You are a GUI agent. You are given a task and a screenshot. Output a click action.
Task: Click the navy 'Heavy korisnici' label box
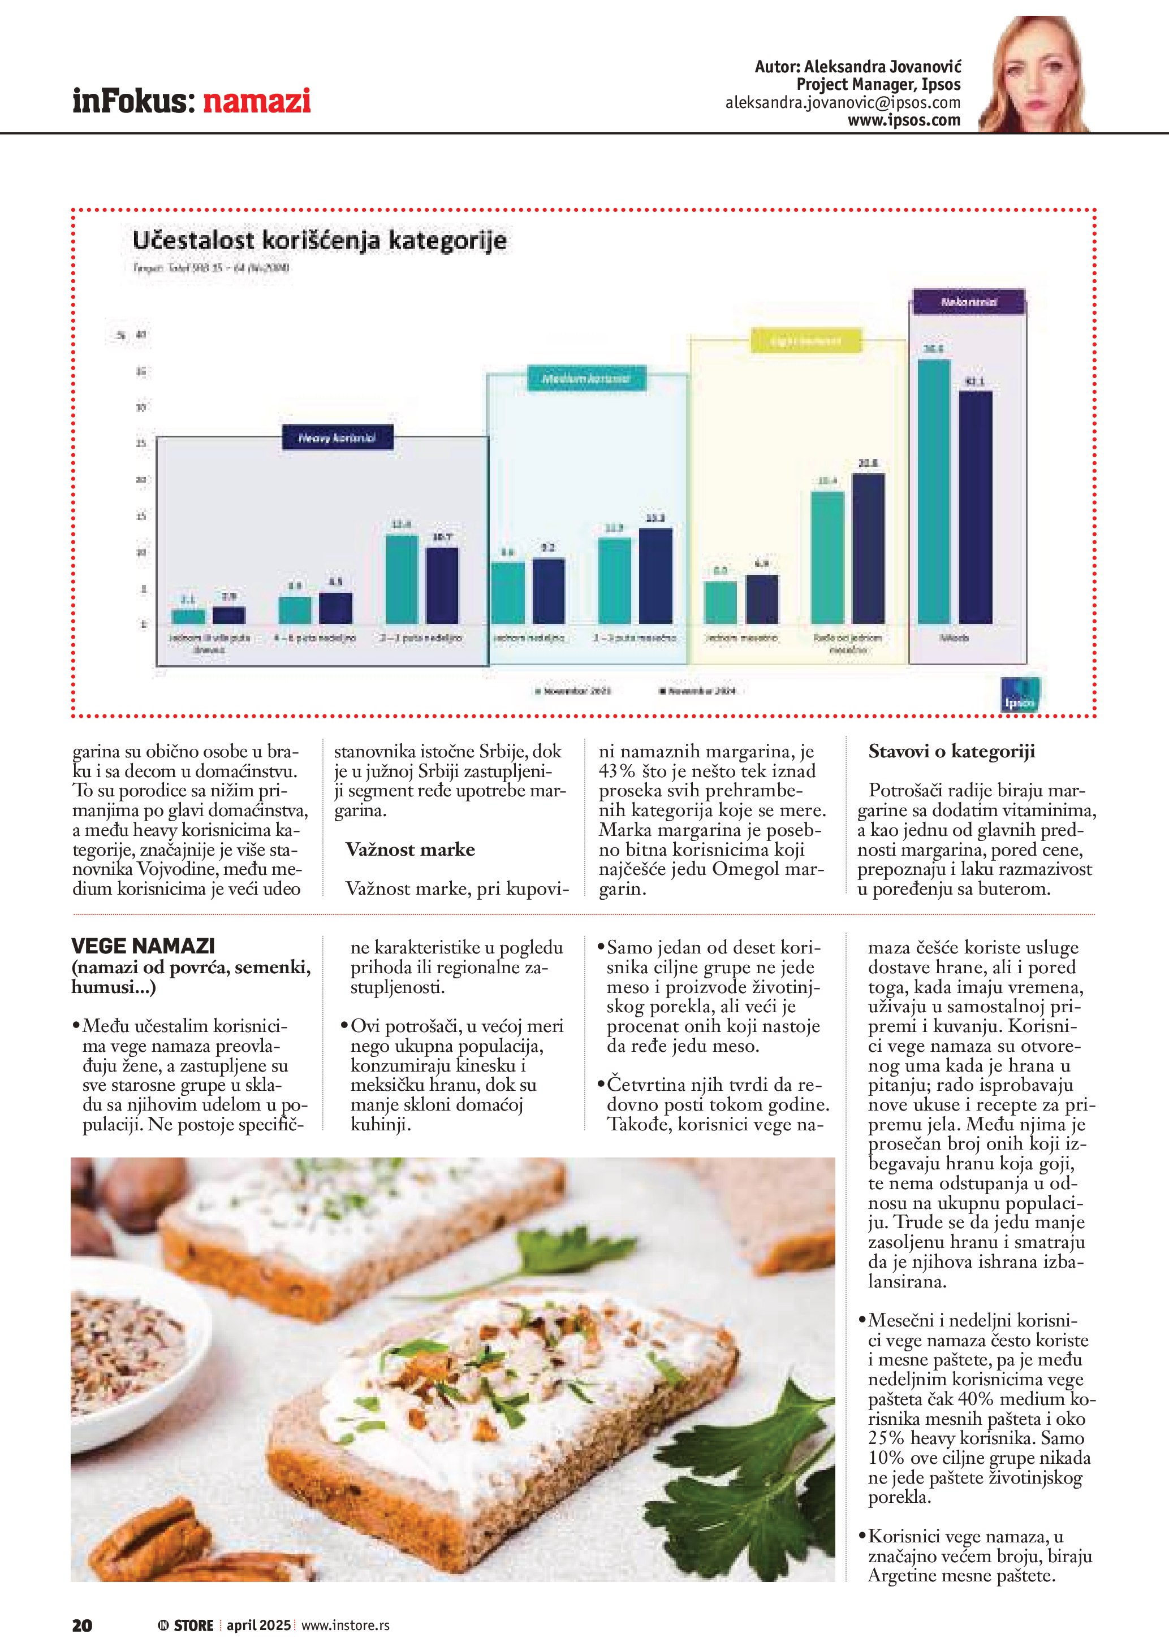[336, 438]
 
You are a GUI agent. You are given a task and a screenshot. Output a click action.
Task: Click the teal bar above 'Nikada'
[934, 492]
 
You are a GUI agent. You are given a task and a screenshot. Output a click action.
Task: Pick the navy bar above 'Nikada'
[976, 508]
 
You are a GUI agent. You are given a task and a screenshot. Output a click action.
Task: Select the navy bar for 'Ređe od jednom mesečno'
[868, 548]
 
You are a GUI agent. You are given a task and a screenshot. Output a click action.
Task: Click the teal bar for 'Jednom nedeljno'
[508, 593]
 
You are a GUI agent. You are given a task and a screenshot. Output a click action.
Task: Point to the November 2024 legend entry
[698, 691]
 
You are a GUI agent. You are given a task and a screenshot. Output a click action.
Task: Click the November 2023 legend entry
[573, 691]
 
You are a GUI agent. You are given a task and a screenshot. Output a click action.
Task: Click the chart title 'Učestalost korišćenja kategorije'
[319, 240]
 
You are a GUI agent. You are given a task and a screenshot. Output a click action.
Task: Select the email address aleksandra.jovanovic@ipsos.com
[842, 103]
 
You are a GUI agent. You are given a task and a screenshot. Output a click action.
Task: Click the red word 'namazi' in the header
[256, 101]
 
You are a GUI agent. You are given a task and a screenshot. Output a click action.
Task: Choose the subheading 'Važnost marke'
[410, 850]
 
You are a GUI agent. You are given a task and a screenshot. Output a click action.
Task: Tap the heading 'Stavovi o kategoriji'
[952, 752]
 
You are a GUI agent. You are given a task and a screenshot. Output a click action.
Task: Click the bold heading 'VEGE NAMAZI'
[143, 946]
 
